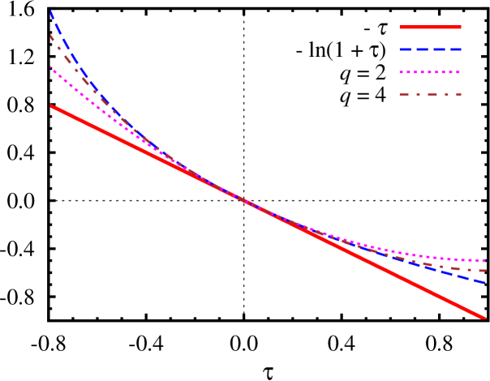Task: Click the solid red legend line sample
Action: coord(430,27)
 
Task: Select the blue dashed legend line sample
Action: coord(430,49)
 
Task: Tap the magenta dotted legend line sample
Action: coord(430,72)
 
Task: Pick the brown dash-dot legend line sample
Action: coord(430,95)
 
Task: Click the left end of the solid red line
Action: coord(51,105)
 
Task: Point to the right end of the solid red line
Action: coord(485,318)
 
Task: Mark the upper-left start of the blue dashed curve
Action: coord(51,11)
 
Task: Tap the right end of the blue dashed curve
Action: coord(485,282)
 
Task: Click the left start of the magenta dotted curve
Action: coord(51,67)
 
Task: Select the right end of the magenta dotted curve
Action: coord(485,260)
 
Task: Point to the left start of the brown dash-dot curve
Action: coord(51,35)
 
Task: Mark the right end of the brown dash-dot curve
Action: coord(485,271)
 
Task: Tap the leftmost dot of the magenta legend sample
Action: coord(401,72)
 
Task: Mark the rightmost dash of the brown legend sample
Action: coord(458,95)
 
